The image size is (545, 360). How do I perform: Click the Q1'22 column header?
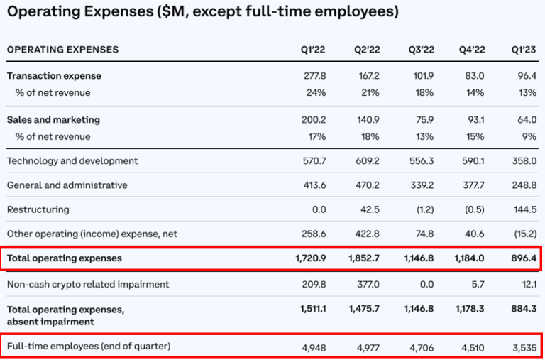click(x=314, y=50)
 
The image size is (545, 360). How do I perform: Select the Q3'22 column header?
click(x=422, y=50)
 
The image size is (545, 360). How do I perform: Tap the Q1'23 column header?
click(x=524, y=50)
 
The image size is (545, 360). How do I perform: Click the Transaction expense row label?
click(x=54, y=76)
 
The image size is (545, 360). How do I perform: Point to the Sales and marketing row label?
click(x=53, y=120)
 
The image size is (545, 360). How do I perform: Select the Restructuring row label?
click(x=38, y=209)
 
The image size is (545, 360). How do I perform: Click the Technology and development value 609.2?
click(x=367, y=161)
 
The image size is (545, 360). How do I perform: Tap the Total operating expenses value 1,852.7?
click(x=363, y=258)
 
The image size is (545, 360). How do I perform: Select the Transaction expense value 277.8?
click(x=314, y=76)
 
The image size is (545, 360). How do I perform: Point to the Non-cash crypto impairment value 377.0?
click(x=367, y=285)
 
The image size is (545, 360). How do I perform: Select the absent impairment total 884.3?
click(x=524, y=309)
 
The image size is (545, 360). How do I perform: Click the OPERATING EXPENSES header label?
click(x=62, y=50)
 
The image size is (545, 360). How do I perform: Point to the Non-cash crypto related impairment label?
click(x=88, y=285)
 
